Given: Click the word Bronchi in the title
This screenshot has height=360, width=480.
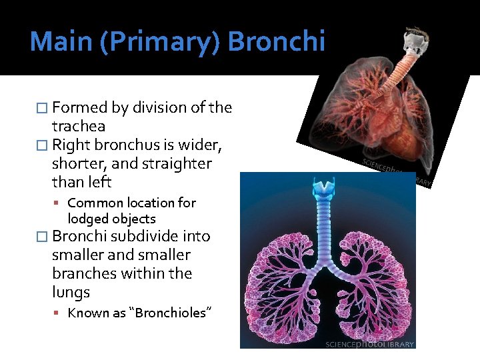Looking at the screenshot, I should click(x=276, y=42).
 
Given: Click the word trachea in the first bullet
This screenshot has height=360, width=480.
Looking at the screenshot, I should click(x=78, y=126).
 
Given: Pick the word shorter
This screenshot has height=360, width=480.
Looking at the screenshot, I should click(x=79, y=163).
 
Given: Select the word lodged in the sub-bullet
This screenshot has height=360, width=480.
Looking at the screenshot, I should click(x=89, y=219).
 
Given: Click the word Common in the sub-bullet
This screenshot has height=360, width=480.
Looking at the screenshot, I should click(x=93, y=203).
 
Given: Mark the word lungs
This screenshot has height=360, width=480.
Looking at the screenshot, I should click(x=71, y=293).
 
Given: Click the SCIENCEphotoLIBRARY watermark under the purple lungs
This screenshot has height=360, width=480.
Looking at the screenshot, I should click(x=369, y=344).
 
